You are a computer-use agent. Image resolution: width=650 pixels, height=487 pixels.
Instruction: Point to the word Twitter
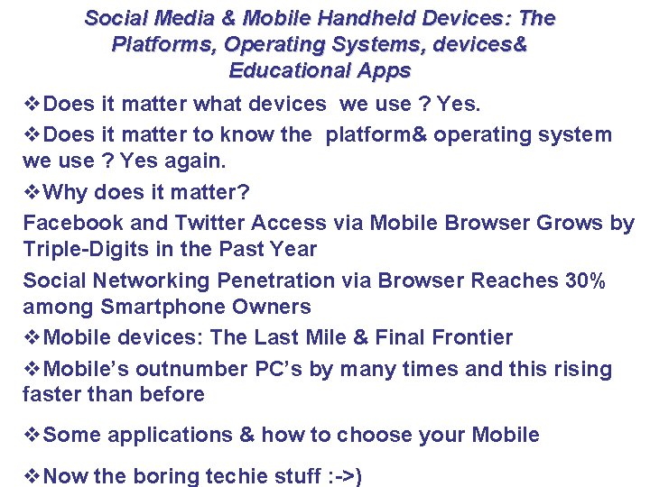tap(205, 223)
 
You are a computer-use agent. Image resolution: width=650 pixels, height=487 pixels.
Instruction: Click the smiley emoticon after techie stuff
tap(344, 476)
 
